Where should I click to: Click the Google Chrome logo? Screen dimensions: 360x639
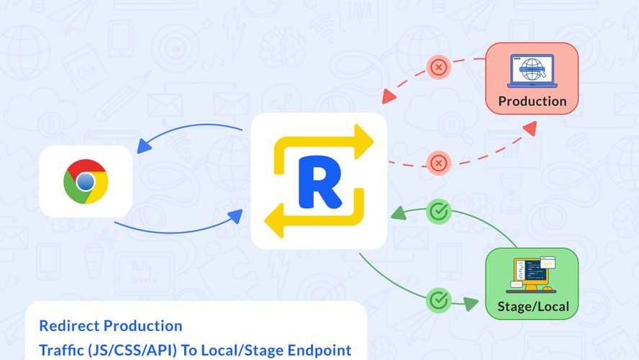[x=86, y=181]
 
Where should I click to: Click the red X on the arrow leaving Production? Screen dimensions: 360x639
[x=438, y=68]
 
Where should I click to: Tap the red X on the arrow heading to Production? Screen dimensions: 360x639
[x=438, y=163]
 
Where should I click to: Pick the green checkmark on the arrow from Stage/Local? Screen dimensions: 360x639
[x=438, y=212]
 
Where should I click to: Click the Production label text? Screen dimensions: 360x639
[x=532, y=101]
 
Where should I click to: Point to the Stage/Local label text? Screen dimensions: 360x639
[x=533, y=307]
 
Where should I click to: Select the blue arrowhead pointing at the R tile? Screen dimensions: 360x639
[x=236, y=215]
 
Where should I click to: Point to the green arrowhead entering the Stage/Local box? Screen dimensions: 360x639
[x=471, y=303]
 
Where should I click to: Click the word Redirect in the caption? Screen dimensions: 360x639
[x=69, y=325]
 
